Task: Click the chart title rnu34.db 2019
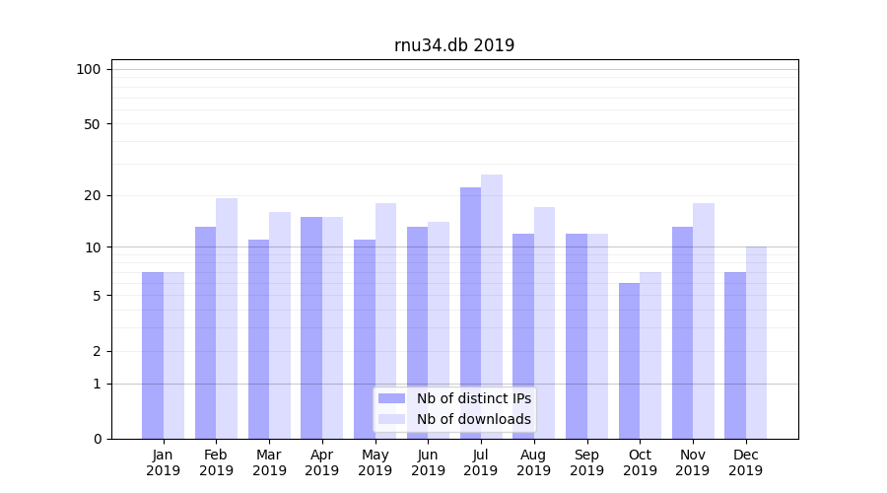pyautogui.click(x=454, y=45)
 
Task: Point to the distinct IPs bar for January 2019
pyautogui.click(x=153, y=355)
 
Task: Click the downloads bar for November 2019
pyautogui.click(x=704, y=320)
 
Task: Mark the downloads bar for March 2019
pyautogui.click(x=280, y=325)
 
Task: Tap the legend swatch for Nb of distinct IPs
pyautogui.click(x=391, y=398)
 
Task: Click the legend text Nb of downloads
pyautogui.click(x=473, y=419)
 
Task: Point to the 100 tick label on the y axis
pyautogui.click(x=89, y=69)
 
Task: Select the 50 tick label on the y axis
pyautogui.click(x=92, y=124)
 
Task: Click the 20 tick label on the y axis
pyautogui.click(x=92, y=195)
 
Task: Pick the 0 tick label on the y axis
pyautogui.click(x=97, y=439)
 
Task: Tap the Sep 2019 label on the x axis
pyautogui.click(x=586, y=462)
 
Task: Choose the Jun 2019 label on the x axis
pyautogui.click(x=428, y=462)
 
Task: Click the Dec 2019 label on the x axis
pyautogui.click(x=745, y=462)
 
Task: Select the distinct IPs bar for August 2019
pyautogui.click(x=523, y=335)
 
